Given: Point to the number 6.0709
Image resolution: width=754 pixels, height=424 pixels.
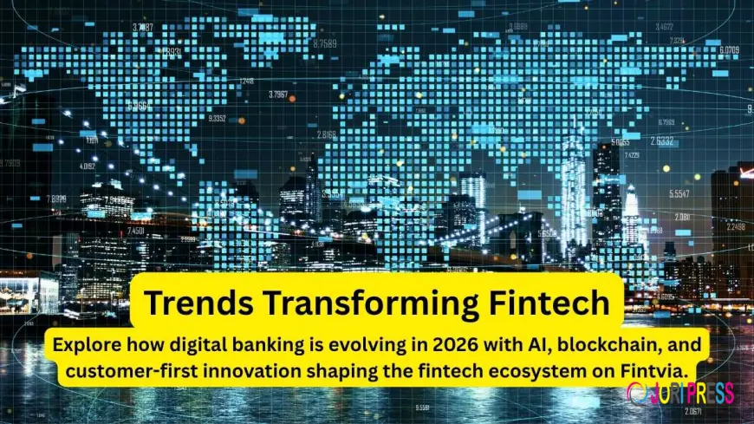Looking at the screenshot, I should click(x=727, y=50).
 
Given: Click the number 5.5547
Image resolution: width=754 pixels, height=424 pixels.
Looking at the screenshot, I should click(x=679, y=194).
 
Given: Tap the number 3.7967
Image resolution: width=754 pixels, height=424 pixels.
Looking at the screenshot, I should click(x=278, y=94).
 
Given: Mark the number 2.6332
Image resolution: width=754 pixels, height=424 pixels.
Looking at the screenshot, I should click(x=661, y=141).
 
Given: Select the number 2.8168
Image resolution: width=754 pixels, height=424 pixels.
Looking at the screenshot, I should click(x=327, y=134).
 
